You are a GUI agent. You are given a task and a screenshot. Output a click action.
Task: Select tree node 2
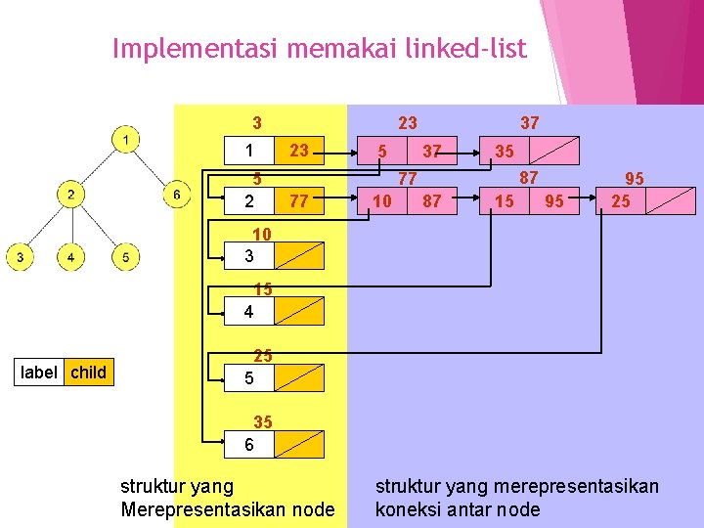(71, 195)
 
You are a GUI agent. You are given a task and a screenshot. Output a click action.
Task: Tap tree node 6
(176, 195)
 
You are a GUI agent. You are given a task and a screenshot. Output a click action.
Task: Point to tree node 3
(20, 257)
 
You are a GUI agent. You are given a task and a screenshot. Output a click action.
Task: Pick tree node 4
(71, 257)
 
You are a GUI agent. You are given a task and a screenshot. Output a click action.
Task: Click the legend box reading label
(38, 372)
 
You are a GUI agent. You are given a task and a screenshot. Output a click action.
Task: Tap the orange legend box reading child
(88, 372)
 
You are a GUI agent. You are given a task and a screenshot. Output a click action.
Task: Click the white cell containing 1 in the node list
(250, 152)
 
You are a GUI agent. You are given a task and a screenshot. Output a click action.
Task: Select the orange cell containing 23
(299, 152)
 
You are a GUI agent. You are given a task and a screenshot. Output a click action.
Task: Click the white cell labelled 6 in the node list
(250, 445)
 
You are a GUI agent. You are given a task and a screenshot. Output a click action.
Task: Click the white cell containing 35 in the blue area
(505, 152)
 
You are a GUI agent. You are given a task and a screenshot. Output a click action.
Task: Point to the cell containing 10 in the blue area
(383, 201)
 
